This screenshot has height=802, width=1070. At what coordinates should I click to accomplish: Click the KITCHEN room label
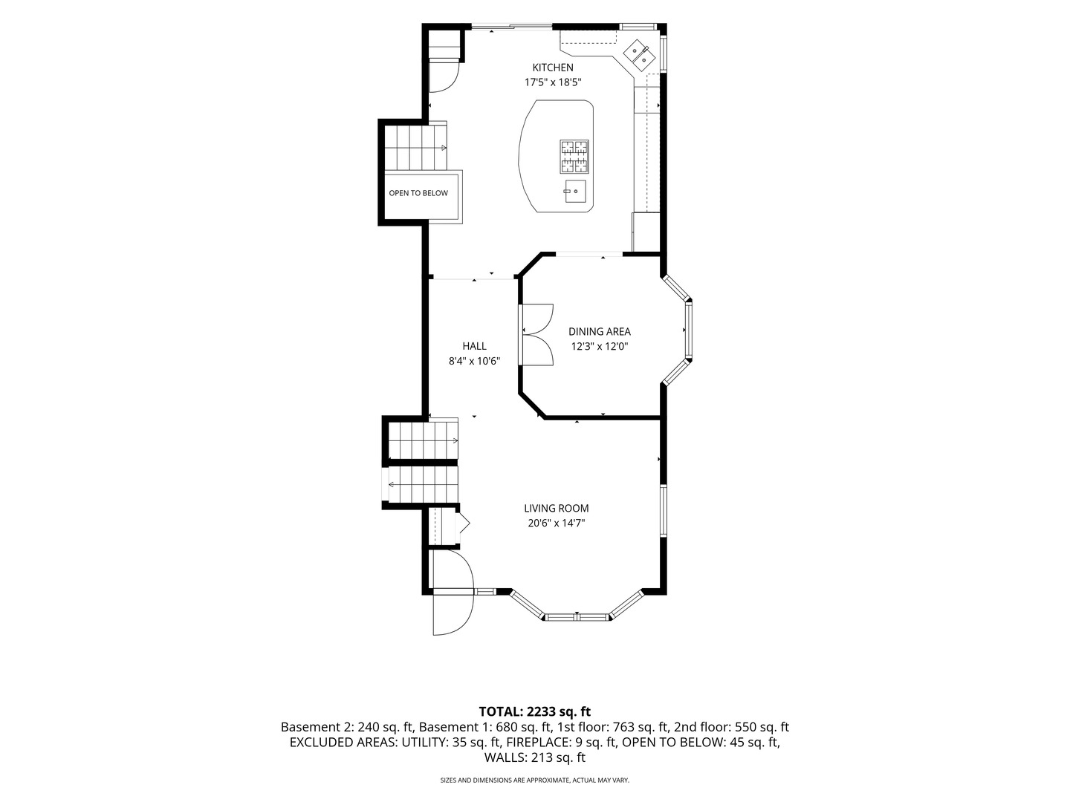tap(553, 68)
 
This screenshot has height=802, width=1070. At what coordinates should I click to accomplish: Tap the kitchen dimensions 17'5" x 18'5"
tap(553, 82)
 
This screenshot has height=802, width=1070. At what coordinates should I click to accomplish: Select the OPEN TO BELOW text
tap(418, 193)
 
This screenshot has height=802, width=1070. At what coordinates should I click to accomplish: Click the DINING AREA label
tap(600, 332)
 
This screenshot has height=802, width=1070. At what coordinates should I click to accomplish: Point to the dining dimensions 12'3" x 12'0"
tap(600, 347)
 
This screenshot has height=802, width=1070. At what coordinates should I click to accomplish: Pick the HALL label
tap(474, 346)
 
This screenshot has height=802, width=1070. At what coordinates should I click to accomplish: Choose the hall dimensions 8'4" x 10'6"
tap(474, 362)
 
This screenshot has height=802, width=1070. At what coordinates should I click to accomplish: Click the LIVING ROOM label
tap(557, 509)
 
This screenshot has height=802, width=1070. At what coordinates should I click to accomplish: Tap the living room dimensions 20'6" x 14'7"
tap(557, 524)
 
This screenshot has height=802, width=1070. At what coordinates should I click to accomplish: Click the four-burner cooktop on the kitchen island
tap(574, 156)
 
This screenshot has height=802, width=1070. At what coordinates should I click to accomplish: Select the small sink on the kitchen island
tap(575, 190)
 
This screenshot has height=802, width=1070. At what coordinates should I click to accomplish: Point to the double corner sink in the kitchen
tap(639, 54)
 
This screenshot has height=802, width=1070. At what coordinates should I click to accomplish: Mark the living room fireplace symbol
tap(462, 524)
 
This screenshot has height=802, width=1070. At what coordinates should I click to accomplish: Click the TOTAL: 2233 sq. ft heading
tap(535, 712)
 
